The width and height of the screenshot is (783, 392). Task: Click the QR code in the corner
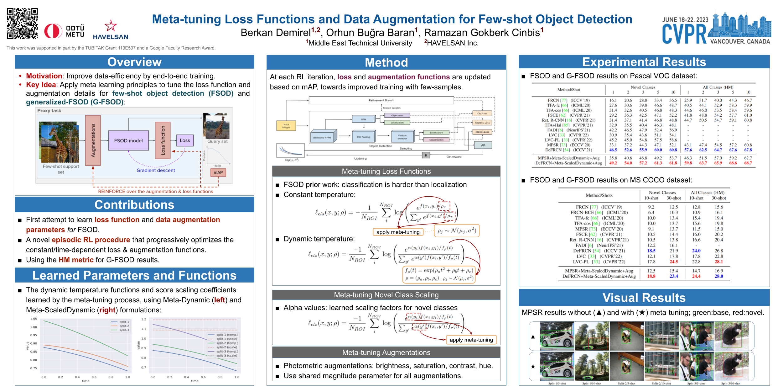click(x=22, y=24)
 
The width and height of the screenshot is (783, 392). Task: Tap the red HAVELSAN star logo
click(x=110, y=26)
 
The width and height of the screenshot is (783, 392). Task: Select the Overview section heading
click(x=134, y=62)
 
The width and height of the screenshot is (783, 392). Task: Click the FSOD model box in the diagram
click(x=128, y=140)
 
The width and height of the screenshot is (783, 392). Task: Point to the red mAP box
click(x=218, y=172)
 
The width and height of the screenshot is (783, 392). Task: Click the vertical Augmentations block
click(x=93, y=140)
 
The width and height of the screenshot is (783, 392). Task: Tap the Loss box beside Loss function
click(x=185, y=140)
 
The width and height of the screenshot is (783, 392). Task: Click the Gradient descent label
click(x=156, y=170)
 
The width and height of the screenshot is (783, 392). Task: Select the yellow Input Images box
click(x=286, y=126)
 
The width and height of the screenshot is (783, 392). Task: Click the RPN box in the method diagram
click(x=363, y=119)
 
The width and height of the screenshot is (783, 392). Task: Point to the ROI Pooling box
click(x=363, y=137)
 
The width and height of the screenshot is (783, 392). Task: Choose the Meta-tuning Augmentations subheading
click(x=386, y=352)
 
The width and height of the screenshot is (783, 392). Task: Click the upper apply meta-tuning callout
click(x=398, y=232)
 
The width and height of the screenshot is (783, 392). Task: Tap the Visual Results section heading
click(x=644, y=298)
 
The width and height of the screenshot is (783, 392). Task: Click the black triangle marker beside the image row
click(x=533, y=337)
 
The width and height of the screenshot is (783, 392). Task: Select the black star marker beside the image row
click(x=533, y=366)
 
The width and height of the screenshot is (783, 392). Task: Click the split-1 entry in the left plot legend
click(x=124, y=322)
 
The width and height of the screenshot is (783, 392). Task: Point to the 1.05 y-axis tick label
click(x=34, y=319)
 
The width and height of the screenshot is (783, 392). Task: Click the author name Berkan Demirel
click(x=276, y=33)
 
